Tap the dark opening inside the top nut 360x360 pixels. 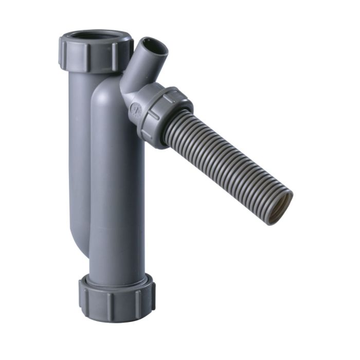click(x=96, y=37)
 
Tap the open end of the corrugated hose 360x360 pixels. click(x=280, y=208)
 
